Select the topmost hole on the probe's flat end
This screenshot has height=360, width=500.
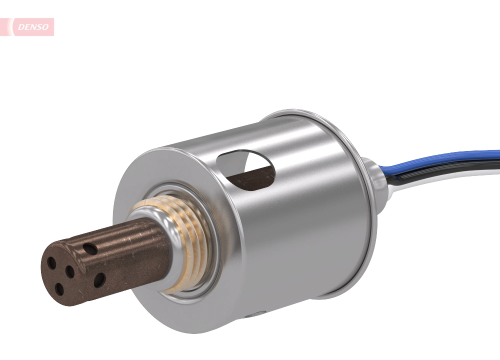click(51, 261)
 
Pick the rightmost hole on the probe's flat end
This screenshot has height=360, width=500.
click(70, 272)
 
